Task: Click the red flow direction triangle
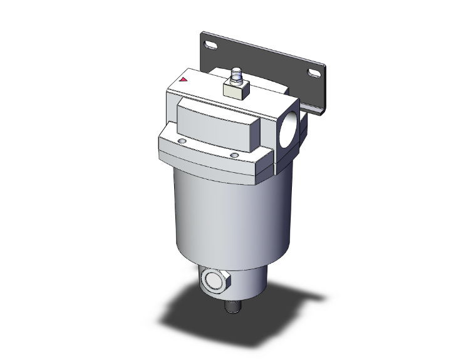pyautogui.click(x=184, y=80)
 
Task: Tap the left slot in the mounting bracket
pyautogui.click(x=212, y=45)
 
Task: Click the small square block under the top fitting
pyautogui.click(x=236, y=91)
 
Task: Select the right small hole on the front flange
pyautogui.click(x=234, y=155)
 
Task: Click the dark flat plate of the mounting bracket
pyautogui.click(x=263, y=56)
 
